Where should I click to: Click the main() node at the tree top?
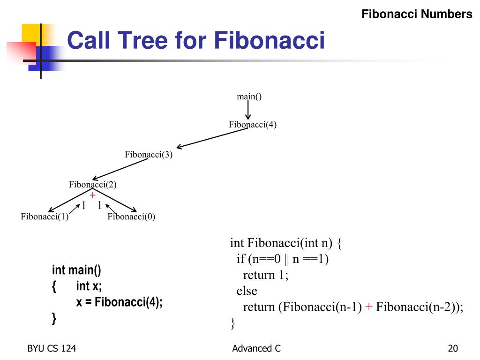pyautogui.click(x=249, y=97)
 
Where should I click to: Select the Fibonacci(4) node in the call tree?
pyautogui.click(x=253, y=125)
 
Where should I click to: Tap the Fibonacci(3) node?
pyautogui.click(x=149, y=155)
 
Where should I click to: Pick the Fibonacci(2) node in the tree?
pyautogui.click(x=93, y=185)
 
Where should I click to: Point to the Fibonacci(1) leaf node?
pyautogui.click(x=45, y=217)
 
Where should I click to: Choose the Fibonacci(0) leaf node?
pyautogui.click(x=131, y=217)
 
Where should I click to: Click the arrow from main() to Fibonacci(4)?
pyautogui.click(x=248, y=111)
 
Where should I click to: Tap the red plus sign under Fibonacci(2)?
pyautogui.click(x=93, y=195)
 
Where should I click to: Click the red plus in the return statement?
pyautogui.click(x=369, y=307)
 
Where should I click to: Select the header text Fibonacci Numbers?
pyautogui.click(x=417, y=14)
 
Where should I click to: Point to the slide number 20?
pyautogui.click(x=452, y=348)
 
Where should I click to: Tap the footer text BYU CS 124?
pyautogui.click(x=52, y=348)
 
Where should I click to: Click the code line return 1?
pyautogui.click(x=266, y=275)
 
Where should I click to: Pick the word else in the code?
pyautogui.click(x=247, y=291)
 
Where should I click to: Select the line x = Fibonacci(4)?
pyautogui.click(x=119, y=302)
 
